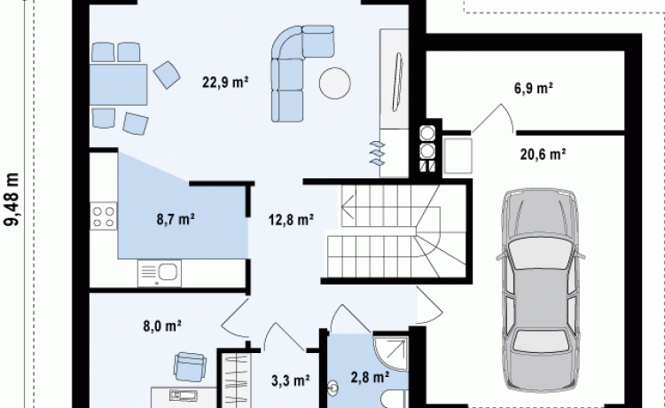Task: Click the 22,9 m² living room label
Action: (x=225, y=82)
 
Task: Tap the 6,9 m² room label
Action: (x=534, y=88)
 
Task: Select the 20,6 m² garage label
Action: (x=543, y=154)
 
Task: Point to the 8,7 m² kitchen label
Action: (x=176, y=219)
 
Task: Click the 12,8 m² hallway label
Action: (x=291, y=219)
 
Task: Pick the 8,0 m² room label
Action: (x=162, y=326)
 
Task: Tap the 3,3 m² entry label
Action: (x=291, y=381)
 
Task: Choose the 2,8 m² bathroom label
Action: (x=371, y=377)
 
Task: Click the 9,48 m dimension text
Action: (x=12, y=200)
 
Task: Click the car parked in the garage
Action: (x=540, y=290)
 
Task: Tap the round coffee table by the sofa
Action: (x=334, y=83)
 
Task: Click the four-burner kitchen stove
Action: (x=103, y=216)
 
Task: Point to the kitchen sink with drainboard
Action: (x=159, y=273)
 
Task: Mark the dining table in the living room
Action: (x=118, y=84)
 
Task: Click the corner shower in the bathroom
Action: (x=391, y=353)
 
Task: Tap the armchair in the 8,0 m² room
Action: (x=190, y=366)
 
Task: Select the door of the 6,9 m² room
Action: (x=493, y=119)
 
